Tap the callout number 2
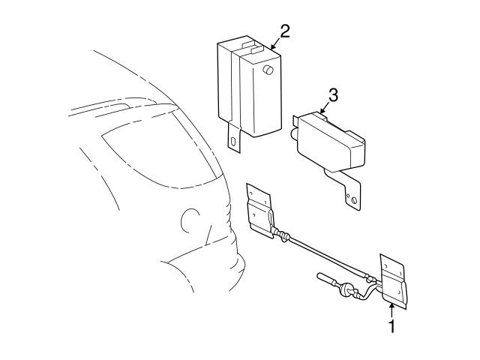pos(284,31)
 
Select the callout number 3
pos(334,95)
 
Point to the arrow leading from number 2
pos(274,44)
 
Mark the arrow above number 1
pos(390,308)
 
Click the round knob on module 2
pos(267,71)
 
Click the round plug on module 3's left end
pos(291,133)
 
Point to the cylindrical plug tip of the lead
pos(327,278)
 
